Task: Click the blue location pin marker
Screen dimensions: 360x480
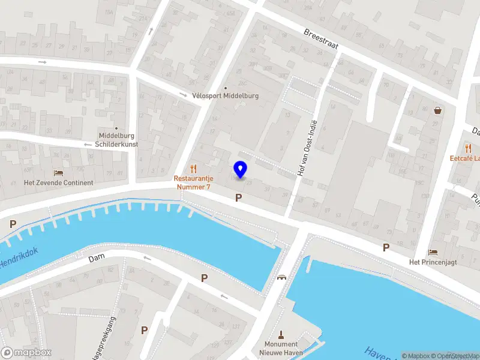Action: tap(241, 169)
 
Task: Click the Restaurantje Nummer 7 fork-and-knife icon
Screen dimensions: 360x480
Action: tap(193, 169)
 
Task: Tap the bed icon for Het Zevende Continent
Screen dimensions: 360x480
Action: tap(58, 173)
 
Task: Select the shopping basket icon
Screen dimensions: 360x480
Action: tap(439, 110)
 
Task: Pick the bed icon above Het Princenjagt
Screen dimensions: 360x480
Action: tap(433, 252)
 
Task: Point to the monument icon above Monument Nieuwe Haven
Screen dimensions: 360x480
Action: tap(280, 334)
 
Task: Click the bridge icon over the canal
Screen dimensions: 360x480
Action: tap(281, 277)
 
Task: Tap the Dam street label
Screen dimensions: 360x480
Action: tap(97, 259)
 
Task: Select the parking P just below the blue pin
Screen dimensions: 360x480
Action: tap(239, 197)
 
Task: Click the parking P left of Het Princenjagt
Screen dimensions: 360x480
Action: tap(386, 247)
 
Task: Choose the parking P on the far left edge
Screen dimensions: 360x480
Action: tap(13, 223)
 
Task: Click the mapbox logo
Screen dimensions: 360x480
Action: tap(26, 352)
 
